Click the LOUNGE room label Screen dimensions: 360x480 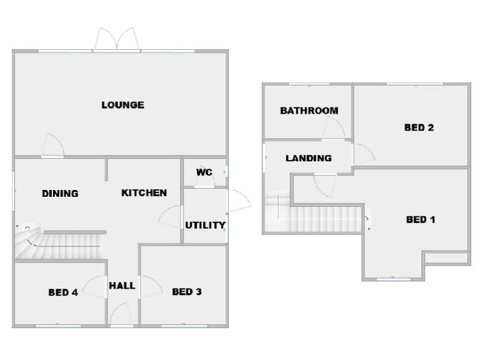click(x=122, y=105)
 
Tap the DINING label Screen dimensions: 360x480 click(x=60, y=194)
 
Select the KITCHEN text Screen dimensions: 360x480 click(x=144, y=193)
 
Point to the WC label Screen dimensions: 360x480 click(x=204, y=172)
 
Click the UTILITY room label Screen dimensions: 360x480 click(x=205, y=225)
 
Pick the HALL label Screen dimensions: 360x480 click(x=122, y=286)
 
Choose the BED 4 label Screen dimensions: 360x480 click(x=62, y=292)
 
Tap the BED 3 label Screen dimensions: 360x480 click(x=187, y=292)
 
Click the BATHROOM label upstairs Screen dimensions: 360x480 click(x=309, y=111)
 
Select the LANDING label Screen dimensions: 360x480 click(x=308, y=158)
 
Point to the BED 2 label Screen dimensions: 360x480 click(x=419, y=127)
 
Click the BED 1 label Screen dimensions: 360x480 click(x=421, y=219)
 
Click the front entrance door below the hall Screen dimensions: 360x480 click(x=120, y=314)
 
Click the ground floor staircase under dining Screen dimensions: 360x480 click(x=62, y=245)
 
